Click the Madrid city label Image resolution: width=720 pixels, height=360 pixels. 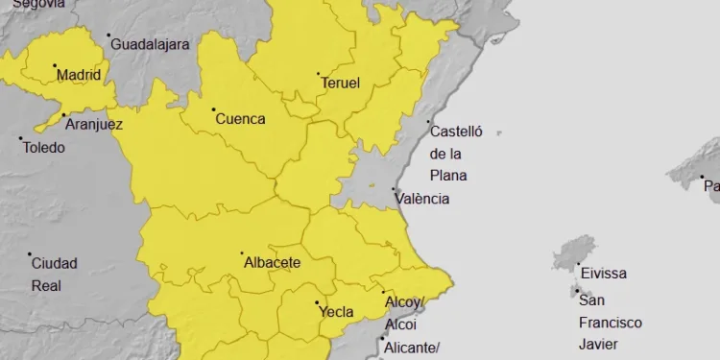(79, 75)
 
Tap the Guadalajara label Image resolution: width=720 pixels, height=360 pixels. (151, 44)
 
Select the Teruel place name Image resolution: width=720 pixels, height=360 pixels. (340, 84)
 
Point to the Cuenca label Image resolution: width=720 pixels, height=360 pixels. (240, 120)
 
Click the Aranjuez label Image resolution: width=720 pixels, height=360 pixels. (94, 124)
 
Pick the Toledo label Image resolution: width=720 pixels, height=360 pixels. (44, 148)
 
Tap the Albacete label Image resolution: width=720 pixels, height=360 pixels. (273, 262)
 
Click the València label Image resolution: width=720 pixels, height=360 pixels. (421, 199)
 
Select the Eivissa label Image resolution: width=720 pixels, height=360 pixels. (603, 274)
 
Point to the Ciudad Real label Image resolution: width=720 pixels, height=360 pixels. (54, 275)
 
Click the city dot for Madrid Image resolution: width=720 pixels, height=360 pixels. (55, 66)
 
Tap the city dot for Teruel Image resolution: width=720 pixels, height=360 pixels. (319, 74)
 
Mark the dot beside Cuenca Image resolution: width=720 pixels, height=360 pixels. (213, 110)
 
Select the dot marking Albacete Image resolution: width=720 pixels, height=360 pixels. (241, 253)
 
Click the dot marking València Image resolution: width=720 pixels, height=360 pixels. (394, 190)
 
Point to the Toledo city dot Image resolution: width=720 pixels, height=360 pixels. (21, 139)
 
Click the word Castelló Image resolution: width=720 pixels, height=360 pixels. (456, 132)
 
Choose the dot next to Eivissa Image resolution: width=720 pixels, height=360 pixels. (578, 264)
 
